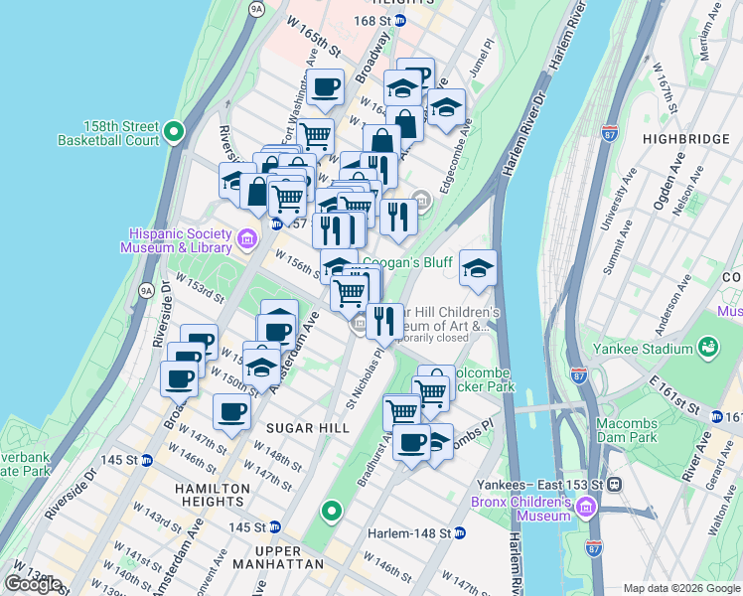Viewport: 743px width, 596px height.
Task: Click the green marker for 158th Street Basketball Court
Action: [x=174, y=131]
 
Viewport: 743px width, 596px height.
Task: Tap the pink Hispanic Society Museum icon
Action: [x=248, y=237]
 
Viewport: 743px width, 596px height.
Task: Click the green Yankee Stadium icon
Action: [x=708, y=347]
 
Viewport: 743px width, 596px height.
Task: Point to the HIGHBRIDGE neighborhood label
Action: [x=685, y=139]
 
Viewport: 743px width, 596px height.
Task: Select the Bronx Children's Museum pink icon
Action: [x=586, y=509]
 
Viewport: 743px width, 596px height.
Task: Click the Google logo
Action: [x=33, y=583]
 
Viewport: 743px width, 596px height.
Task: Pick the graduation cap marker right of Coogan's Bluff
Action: [x=478, y=269]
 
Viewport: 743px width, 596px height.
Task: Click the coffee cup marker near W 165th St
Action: [x=324, y=87]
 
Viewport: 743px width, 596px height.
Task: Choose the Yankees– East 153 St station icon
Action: [x=615, y=485]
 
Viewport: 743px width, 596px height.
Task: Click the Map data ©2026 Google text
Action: [x=680, y=588]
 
